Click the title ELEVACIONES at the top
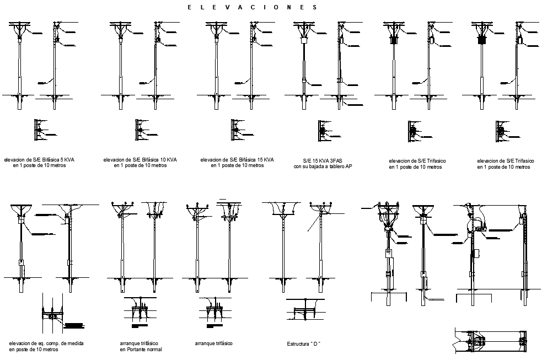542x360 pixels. (x=252, y=8)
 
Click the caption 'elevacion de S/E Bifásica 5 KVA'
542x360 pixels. (x=39, y=160)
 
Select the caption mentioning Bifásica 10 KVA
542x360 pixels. (x=140, y=160)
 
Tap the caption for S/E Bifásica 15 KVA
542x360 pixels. (x=237, y=160)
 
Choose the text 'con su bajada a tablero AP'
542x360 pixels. (x=323, y=166)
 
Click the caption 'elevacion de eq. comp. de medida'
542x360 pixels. (x=46, y=343)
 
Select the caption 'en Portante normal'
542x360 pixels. (x=141, y=350)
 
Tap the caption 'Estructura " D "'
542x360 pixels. (x=303, y=344)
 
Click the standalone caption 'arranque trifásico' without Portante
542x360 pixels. (x=213, y=343)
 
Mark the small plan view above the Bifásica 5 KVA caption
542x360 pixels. (x=39, y=130)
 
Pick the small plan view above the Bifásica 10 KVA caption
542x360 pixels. (x=140, y=130)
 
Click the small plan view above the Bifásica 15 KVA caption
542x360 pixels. (x=235, y=130)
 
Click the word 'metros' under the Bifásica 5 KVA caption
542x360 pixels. (x=57, y=165)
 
